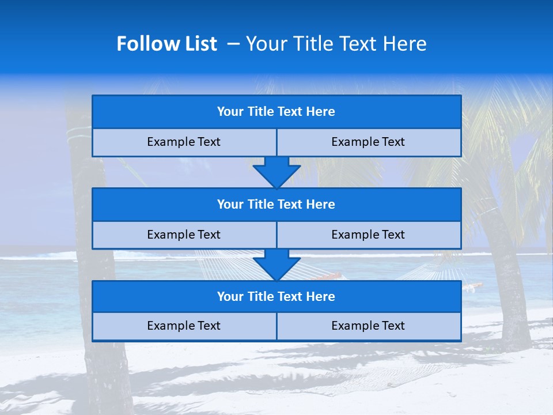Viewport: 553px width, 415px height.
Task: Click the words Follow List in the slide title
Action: pos(166,44)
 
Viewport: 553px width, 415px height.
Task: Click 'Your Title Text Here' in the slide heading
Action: pos(336,44)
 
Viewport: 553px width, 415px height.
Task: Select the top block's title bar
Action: pos(276,112)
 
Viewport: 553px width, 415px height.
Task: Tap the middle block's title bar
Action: pos(276,205)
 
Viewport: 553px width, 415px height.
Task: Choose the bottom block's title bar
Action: pos(276,297)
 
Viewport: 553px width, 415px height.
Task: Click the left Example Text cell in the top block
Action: pos(184,142)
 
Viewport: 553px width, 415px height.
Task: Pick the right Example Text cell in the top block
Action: pos(368,142)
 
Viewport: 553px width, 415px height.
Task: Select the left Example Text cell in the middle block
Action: pos(184,235)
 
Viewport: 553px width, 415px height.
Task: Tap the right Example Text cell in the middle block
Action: pos(368,235)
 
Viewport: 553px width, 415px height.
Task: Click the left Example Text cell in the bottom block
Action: pos(184,326)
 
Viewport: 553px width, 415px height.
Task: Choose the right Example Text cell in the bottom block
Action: pos(368,326)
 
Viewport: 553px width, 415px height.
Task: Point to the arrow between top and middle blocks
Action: pos(276,172)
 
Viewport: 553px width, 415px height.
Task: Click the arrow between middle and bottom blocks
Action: pos(276,265)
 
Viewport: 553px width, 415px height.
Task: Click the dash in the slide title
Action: pos(234,44)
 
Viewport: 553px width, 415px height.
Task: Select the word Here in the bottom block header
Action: pos(321,297)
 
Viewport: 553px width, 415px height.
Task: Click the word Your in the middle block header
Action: pos(230,205)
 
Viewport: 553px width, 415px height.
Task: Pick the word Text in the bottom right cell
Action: pos(393,326)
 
